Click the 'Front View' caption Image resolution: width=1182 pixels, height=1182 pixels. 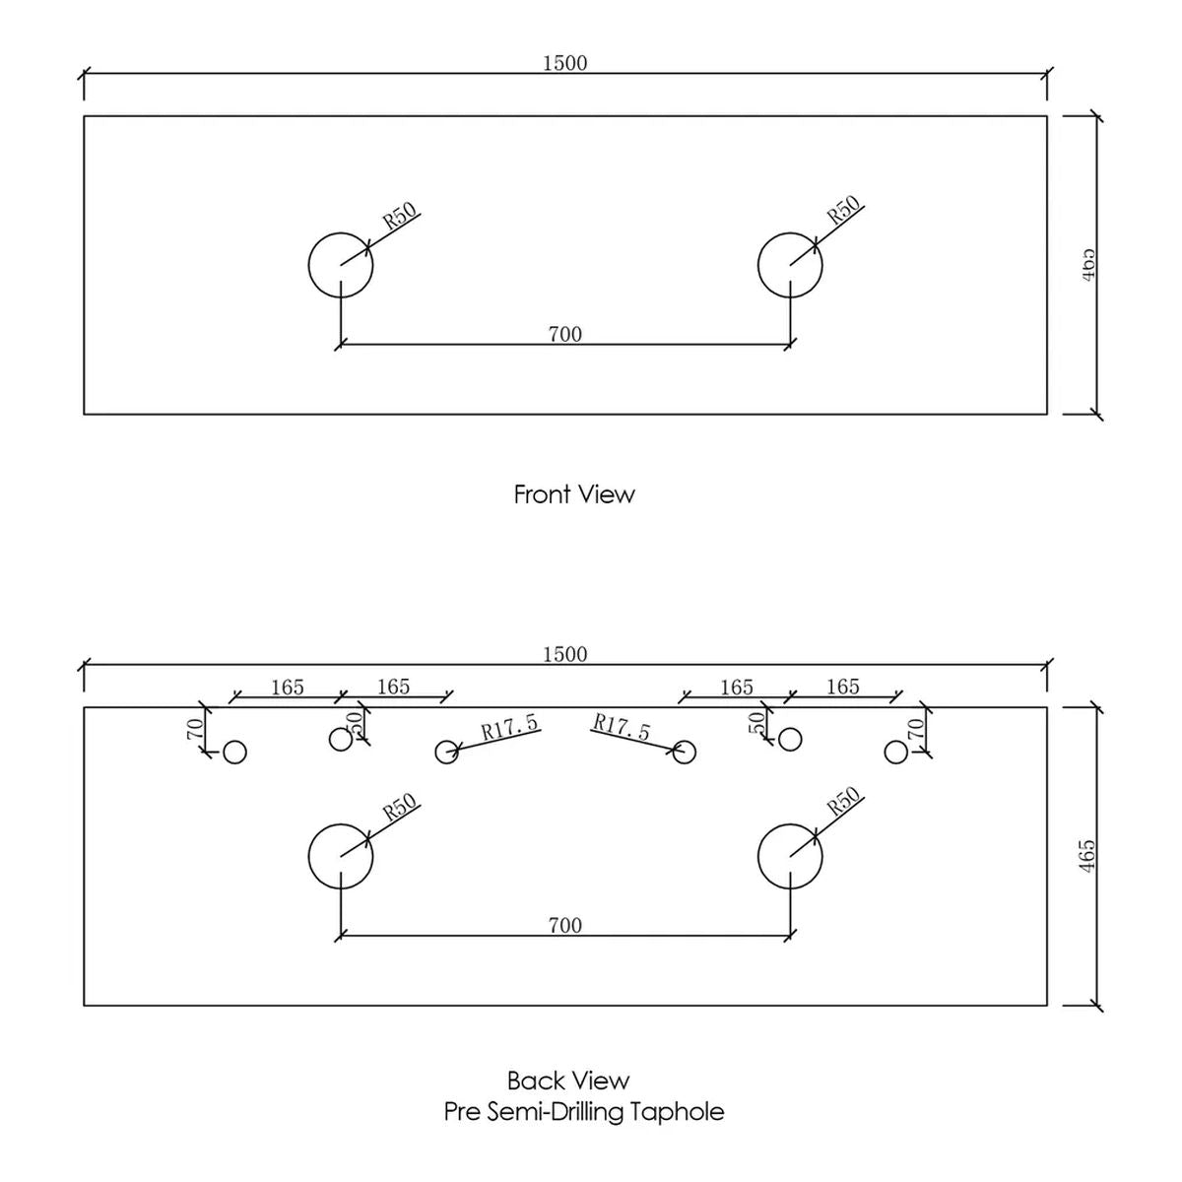[x=574, y=494]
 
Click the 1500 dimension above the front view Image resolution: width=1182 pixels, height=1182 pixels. [x=565, y=63]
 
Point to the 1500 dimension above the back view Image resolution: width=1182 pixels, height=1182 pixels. [x=565, y=654]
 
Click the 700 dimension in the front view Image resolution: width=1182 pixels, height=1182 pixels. [x=565, y=334]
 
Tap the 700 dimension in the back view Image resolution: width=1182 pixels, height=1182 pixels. [x=565, y=926]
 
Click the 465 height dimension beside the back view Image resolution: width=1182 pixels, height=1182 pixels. [x=1086, y=856]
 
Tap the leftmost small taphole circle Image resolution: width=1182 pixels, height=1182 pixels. [x=235, y=741]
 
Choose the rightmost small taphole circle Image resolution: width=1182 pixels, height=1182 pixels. [x=896, y=741]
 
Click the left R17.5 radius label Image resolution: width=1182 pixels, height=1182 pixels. [x=509, y=726]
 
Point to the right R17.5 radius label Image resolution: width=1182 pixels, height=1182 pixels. [x=621, y=726]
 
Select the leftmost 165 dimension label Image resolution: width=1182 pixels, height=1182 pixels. [x=288, y=687]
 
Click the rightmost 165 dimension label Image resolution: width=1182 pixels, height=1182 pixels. [x=843, y=687]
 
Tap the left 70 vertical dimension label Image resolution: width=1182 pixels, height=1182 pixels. [x=195, y=728]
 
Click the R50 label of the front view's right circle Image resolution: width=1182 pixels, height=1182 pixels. [x=844, y=210]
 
